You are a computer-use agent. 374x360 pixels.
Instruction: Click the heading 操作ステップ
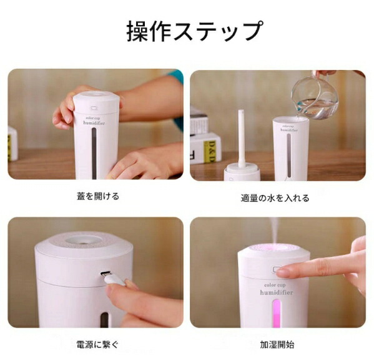(195, 31)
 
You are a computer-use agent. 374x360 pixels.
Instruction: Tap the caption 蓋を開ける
(98, 196)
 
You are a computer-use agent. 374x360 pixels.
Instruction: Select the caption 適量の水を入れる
(275, 198)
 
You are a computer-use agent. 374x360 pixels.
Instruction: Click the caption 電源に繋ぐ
(97, 344)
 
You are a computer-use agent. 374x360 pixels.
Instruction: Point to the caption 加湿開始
(277, 344)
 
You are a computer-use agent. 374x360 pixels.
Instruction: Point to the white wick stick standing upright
(241, 139)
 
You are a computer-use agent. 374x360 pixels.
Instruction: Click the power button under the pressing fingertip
(277, 269)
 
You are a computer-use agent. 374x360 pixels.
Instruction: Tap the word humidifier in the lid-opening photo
(94, 123)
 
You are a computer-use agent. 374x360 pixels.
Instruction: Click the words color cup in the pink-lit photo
(275, 285)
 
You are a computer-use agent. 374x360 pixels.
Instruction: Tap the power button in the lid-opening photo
(94, 108)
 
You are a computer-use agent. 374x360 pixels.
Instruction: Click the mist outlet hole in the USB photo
(83, 240)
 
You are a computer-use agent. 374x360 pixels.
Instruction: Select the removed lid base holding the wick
(242, 171)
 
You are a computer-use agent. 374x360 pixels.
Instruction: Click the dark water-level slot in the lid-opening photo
(94, 153)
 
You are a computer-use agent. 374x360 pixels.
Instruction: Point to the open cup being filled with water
(291, 149)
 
